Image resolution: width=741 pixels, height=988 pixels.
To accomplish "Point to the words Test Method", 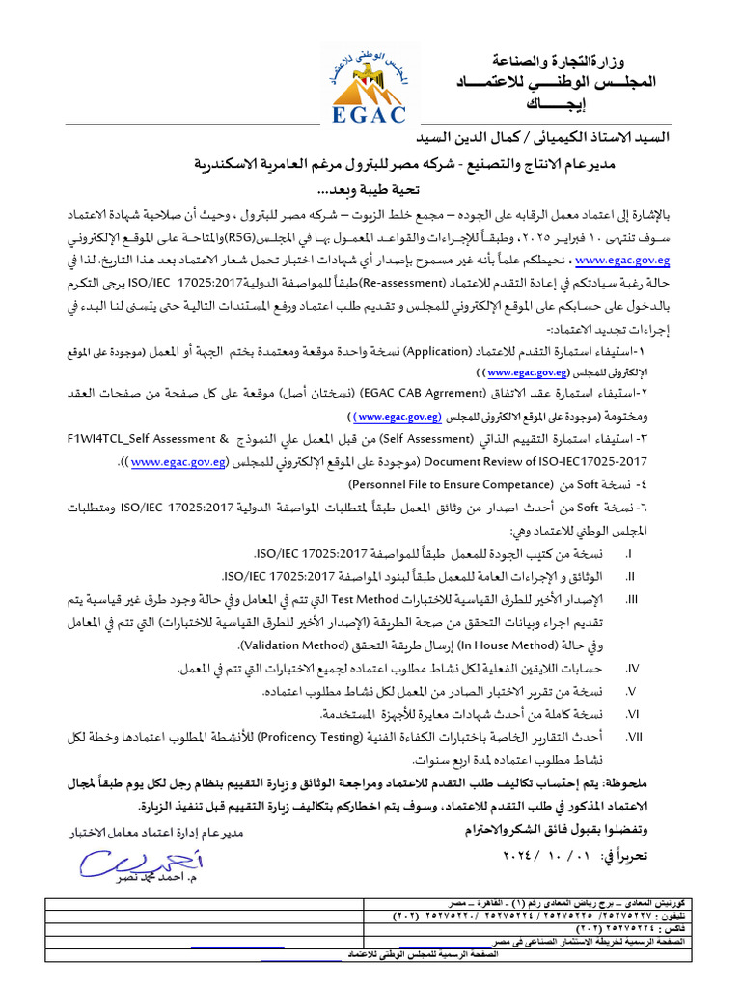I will (x=393, y=598).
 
